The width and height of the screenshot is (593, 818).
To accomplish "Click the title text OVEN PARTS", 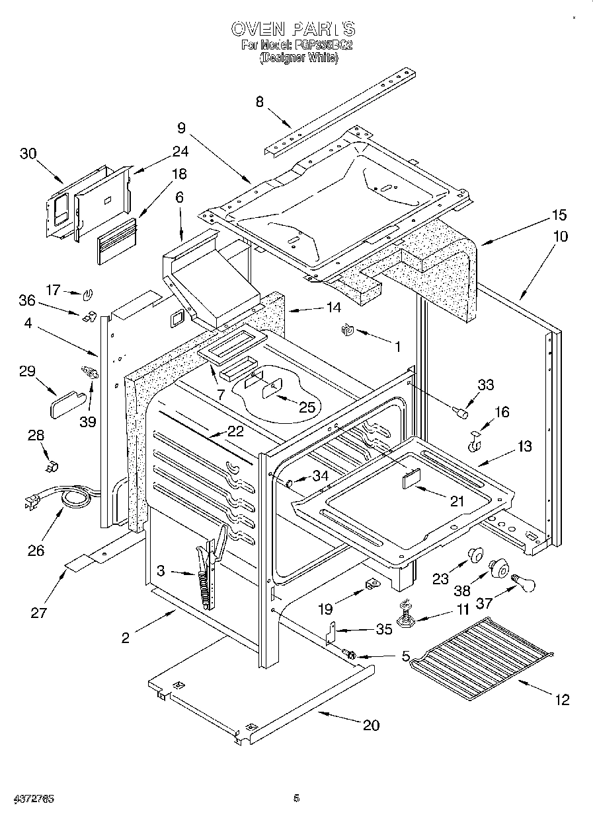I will pyautogui.click(x=293, y=28).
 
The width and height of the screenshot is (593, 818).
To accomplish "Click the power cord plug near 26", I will pyautogui.click(x=32, y=503).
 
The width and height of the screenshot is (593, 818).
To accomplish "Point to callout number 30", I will pyautogui.click(x=28, y=153).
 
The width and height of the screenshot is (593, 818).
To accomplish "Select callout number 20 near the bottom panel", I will pyautogui.click(x=371, y=724).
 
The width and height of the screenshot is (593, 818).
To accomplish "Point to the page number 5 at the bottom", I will pyautogui.click(x=297, y=798).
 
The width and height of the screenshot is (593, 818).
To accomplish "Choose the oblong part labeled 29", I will pyautogui.click(x=67, y=402).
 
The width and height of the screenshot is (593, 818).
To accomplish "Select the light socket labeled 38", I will pyautogui.click(x=498, y=567).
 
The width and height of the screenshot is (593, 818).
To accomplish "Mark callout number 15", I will pyautogui.click(x=559, y=215).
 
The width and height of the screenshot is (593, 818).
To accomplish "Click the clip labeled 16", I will pyautogui.click(x=475, y=442).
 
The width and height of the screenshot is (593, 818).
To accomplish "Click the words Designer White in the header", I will pyautogui.click(x=299, y=58).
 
